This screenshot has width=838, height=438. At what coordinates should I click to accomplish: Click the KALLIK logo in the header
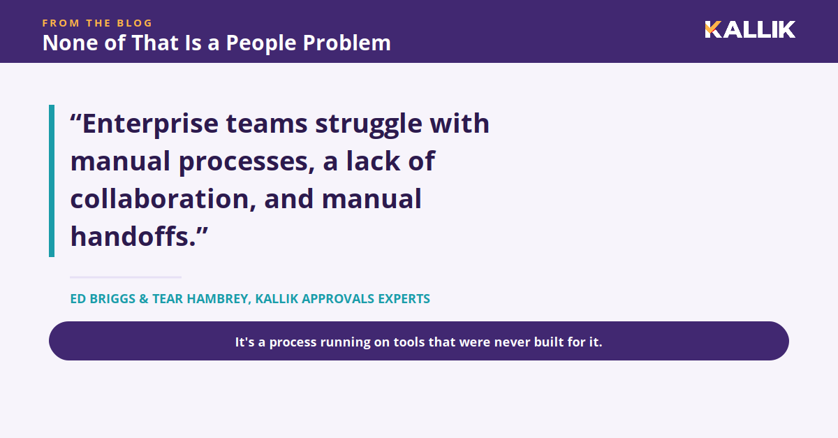(750, 29)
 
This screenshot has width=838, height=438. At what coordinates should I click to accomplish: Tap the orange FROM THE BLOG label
(97, 23)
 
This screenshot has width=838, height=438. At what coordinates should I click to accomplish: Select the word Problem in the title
(347, 43)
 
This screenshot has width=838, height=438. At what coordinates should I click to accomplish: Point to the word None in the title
(70, 43)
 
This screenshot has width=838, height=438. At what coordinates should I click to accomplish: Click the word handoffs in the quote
(133, 237)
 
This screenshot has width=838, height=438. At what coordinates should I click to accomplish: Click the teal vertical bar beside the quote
(52, 181)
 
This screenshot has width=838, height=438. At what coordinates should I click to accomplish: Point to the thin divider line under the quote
(126, 277)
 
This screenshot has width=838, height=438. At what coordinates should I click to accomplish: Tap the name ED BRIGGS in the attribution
(103, 299)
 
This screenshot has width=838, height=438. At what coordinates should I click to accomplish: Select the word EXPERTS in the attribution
(404, 299)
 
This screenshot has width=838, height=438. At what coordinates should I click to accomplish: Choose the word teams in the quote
(267, 124)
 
